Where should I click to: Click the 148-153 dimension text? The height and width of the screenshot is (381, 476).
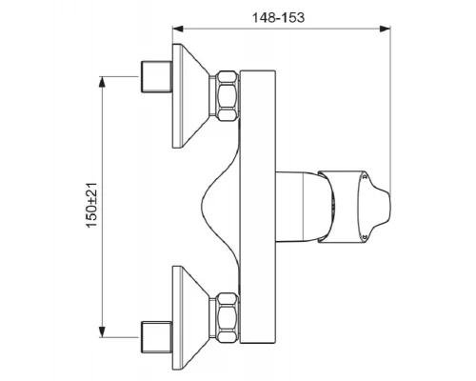click(x=278, y=17)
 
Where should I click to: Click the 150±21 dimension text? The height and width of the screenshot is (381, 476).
click(x=91, y=205)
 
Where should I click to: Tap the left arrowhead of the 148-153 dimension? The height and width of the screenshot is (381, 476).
click(x=178, y=29)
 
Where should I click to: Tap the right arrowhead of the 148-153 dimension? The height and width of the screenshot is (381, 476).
click(x=385, y=29)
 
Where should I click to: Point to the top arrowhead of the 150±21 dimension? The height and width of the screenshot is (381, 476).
click(x=102, y=82)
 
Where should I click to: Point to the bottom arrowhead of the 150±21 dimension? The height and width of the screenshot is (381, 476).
click(x=102, y=331)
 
